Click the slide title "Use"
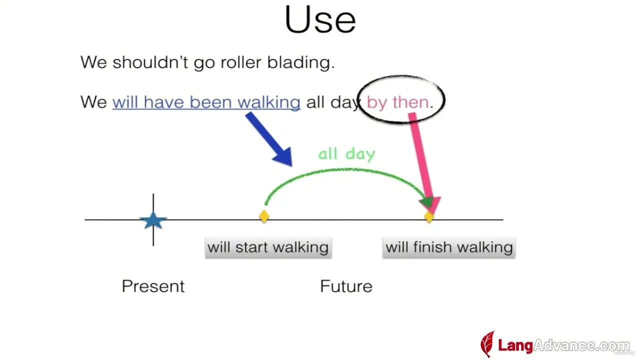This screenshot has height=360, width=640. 320,19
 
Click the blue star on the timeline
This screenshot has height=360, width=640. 153,220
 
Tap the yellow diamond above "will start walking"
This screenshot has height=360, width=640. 264,216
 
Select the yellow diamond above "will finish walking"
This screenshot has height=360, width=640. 429,217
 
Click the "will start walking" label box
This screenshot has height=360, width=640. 268,247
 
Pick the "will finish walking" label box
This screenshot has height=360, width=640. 449,247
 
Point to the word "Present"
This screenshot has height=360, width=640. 153,286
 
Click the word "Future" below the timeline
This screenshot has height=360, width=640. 346,286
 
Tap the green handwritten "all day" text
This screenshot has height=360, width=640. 346,154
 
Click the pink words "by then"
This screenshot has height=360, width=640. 397,102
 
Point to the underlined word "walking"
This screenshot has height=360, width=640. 269,102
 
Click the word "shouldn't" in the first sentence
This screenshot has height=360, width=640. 150,62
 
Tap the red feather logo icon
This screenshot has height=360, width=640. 487,344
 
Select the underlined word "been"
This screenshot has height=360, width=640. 210,102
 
